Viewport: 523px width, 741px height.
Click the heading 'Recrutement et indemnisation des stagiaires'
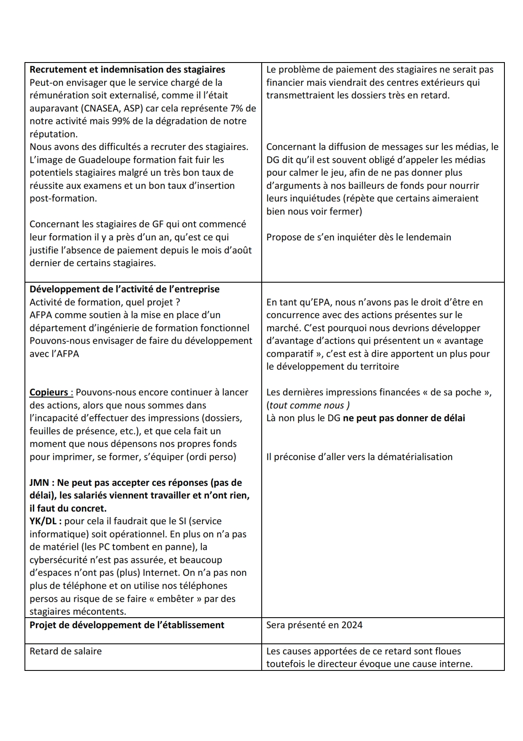[127, 70]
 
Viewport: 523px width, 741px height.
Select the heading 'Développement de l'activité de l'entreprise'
[125, 289]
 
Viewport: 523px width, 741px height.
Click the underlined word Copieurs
[49, 392]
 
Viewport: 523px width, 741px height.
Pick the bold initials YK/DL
[45, 521]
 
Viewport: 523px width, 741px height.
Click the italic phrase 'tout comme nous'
[307, 406]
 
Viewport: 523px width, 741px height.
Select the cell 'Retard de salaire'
[65, 651]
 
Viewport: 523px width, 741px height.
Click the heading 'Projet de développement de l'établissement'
[127, 625]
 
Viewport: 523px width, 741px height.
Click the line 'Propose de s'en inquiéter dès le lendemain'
[358, 237]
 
